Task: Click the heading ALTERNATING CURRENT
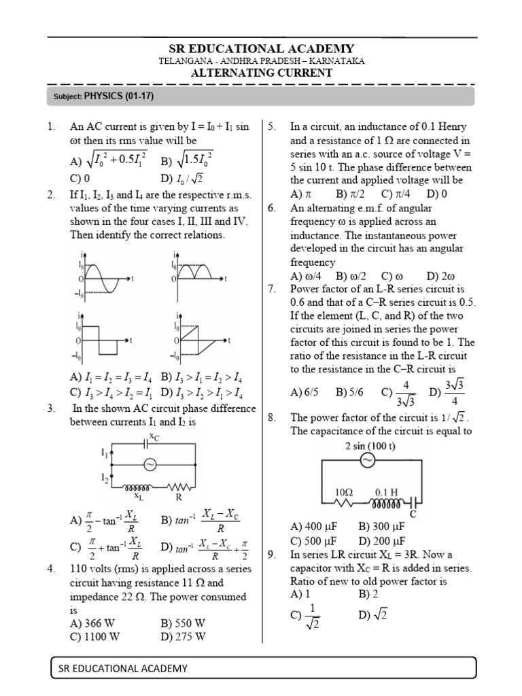pos(261,73)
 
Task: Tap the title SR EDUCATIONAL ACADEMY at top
pos(262,48)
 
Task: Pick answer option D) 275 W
pos(183,636)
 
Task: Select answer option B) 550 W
pos(183,623)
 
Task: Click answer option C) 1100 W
pos(96,636)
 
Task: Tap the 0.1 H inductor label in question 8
pos(385,491)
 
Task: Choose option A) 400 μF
pos(314,527)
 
